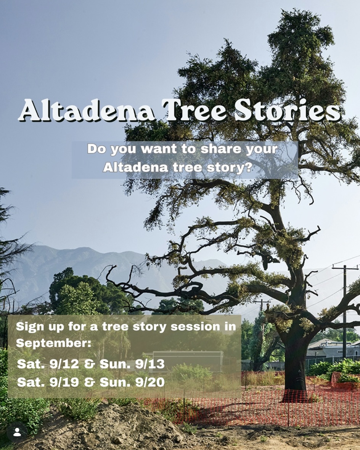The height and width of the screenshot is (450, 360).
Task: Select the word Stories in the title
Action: pyautogui.click(x=288, y=110)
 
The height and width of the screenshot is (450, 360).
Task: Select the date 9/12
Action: pyautogui.click(x=64, y=364)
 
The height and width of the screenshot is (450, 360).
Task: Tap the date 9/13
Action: pyautogui.click(x=150, y=364)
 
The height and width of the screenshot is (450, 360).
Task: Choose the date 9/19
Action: pyautogui.click(x=64, y=382)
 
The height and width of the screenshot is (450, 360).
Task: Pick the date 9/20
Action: pyautogui.click(x=150, y=382)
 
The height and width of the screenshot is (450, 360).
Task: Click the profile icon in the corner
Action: pyautogui.click(x=17, y=432)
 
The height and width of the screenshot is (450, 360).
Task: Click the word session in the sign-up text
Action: pyautogui.click(x=195, y=326)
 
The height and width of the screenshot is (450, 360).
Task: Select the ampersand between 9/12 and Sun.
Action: pyautogui.click(x=89, y=364)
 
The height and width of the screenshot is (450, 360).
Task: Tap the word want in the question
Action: pyautogui.click(x=159, y=149)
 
